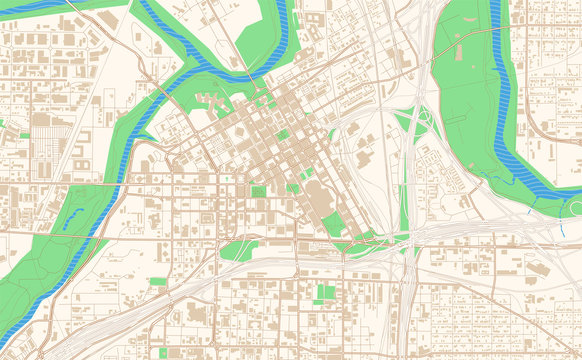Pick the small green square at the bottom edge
(163, 352)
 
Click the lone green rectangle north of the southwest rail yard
(157, 282)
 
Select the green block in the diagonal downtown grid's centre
(282, 135)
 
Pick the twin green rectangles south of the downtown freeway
(326, 293)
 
